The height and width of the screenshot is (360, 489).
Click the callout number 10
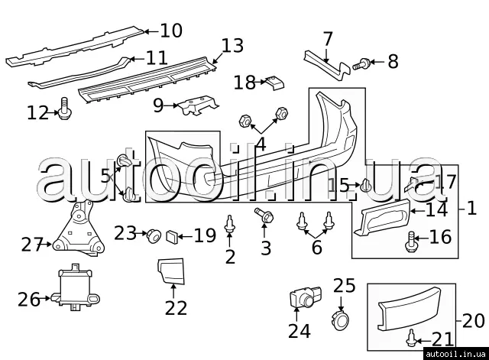tap(171, 31)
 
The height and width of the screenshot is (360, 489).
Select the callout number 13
tap(232, 46)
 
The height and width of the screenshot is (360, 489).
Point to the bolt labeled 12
tap(63, 112)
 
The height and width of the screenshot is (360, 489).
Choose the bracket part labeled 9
tap(199, 105)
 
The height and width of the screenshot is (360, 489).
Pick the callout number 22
tap(176, 306)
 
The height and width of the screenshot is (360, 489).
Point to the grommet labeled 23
tap(151, 234)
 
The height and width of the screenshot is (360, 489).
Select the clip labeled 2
tap(230, 224)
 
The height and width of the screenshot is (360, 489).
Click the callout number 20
tap(473, 319)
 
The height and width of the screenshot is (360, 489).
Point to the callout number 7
tap(328, 38)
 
